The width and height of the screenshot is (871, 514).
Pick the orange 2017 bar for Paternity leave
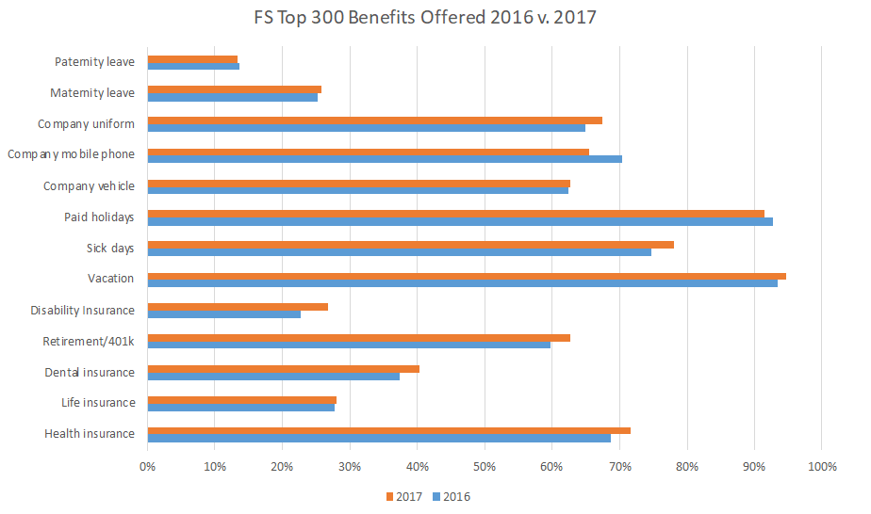click(x=192, y=59)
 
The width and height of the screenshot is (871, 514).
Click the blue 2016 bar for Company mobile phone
click(x=385, y=159)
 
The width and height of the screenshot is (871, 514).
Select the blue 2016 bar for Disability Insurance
click(x=224, y=313)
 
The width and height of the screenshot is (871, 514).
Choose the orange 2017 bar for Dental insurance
click(x=283, y=368)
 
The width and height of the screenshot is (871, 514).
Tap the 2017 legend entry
click(x=405, y=496)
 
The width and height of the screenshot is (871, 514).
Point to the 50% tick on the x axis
click(x=485, y=466)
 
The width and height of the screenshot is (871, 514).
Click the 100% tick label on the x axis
click(x=821, y=466)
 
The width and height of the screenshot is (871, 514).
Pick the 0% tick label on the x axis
click(x=148, y=466)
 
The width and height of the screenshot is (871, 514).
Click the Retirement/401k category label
click(x=89, y=341)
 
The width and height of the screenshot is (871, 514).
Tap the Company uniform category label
click(x=86, y=124)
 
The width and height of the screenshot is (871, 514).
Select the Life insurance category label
click(x=90, y=403)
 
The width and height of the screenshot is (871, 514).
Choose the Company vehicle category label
click(x=89, y=186)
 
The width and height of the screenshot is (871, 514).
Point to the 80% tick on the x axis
click(x=686, y=466)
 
